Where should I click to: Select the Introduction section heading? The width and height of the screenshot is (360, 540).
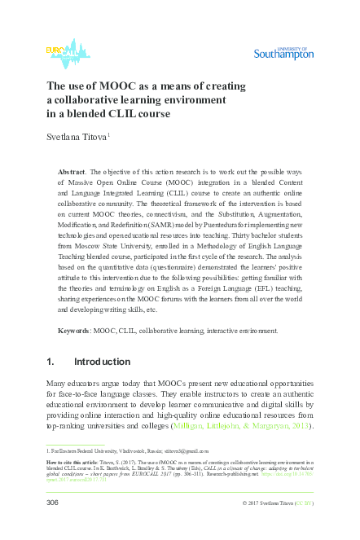click(102, 362)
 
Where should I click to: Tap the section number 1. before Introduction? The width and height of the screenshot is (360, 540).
click(50, 362)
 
